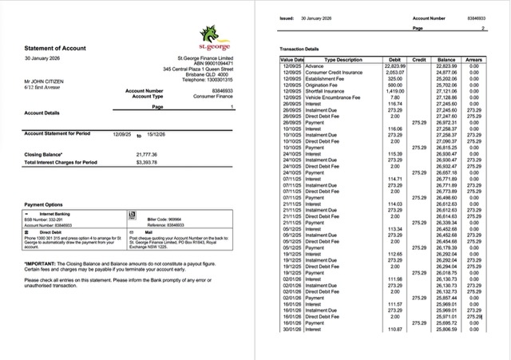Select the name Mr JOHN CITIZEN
click(x=45, y=81)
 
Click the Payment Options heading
click(x=44, y=205)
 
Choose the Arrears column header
click(x=473, y=60)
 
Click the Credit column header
click(x=418, y=60)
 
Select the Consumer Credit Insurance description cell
click(x=333, y=72)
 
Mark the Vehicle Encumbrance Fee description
click(x=335, y=97)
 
